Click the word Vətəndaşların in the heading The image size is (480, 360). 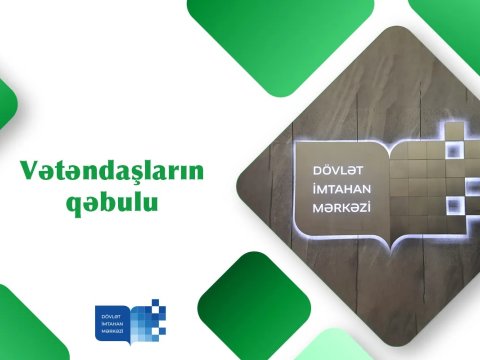click(110, 172)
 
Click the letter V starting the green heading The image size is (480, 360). click(29, 171)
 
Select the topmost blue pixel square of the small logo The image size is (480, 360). click(155, 300)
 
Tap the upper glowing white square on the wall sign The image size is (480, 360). click(455, 129)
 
